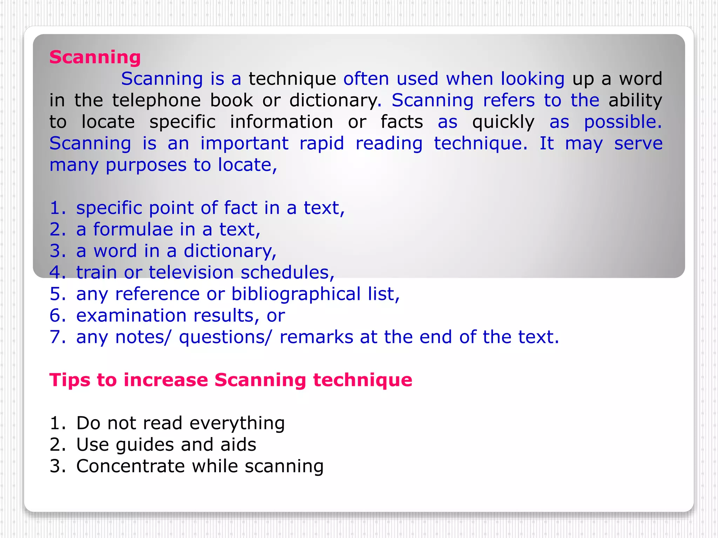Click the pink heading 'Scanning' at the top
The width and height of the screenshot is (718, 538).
(95, 57)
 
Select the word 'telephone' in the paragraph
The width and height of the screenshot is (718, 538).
(156, 101)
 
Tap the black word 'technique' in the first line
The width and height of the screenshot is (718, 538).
(292, 79)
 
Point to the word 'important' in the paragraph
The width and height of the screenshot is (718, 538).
(244, 144)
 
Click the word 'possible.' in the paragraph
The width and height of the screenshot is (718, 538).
(623, 122)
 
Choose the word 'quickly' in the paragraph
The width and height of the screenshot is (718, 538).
(503, 122)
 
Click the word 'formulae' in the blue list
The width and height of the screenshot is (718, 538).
(133, 230)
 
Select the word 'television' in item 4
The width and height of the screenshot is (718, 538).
(191, 273)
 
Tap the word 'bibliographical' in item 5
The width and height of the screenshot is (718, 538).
(296, 294)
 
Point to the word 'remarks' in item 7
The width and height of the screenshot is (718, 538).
(316, 337)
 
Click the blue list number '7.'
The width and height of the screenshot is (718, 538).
(57, 337)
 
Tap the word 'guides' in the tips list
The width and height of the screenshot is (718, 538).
(144, 445)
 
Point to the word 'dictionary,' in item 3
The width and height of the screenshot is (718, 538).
(230, 251)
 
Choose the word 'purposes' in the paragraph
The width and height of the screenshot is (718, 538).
(146, 165)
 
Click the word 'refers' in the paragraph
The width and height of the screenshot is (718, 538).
(509, 101)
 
